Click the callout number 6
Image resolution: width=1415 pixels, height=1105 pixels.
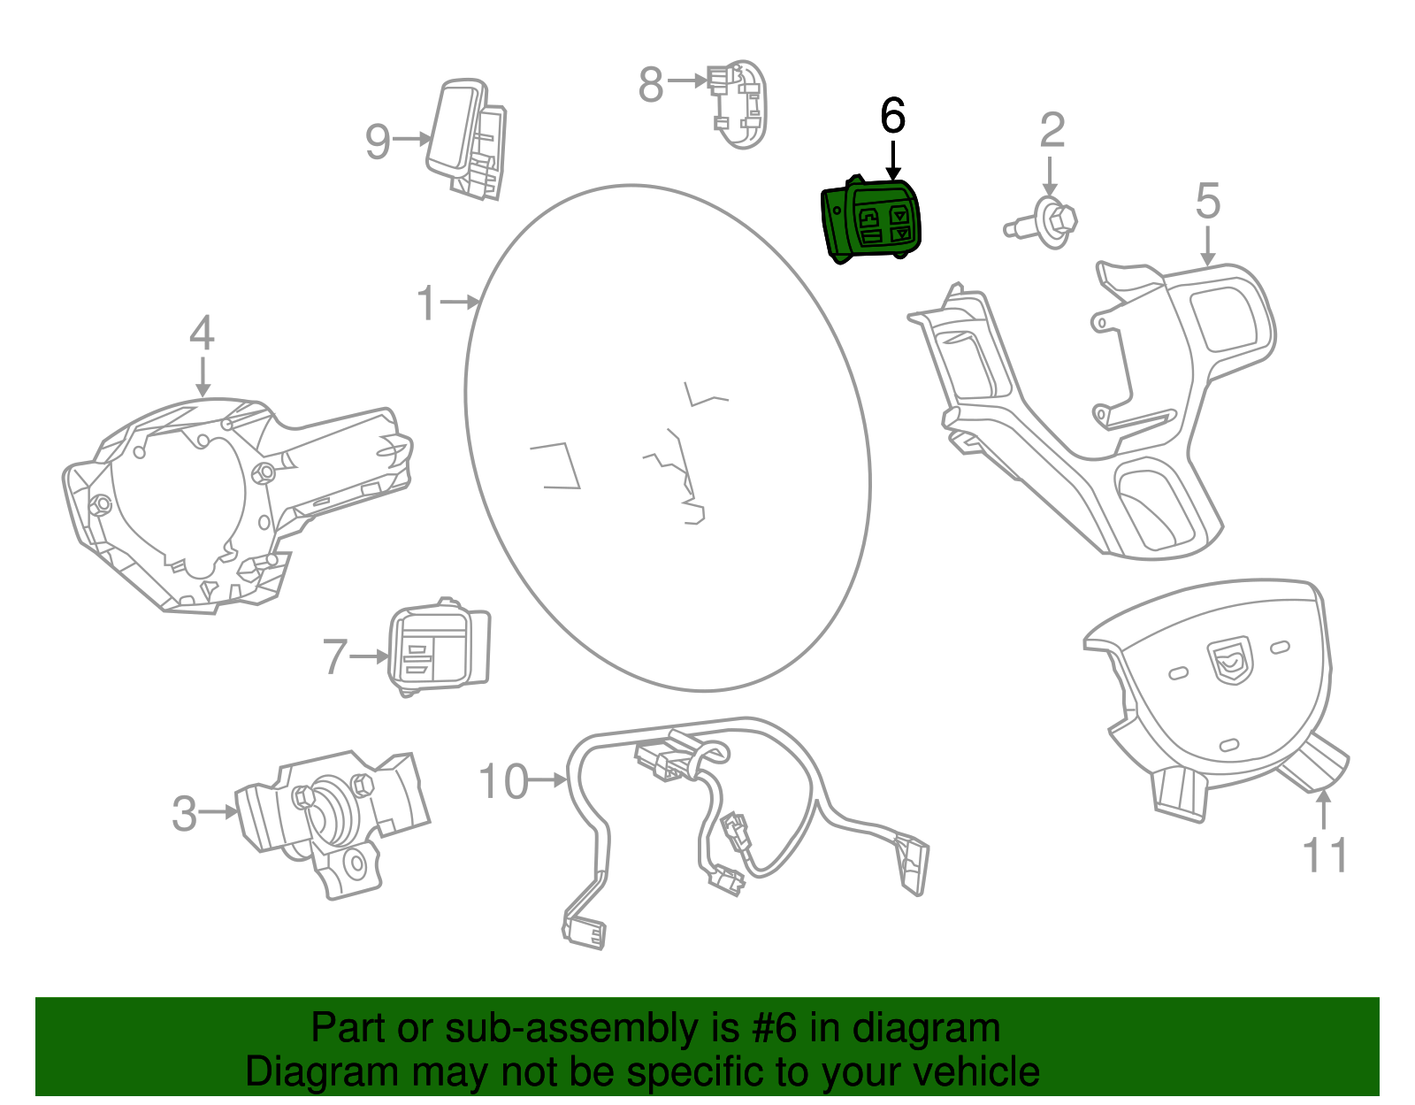pos(893,117)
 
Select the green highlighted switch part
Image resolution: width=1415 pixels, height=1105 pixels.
pos(872,220)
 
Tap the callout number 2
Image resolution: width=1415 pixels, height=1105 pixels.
pos(1052,131)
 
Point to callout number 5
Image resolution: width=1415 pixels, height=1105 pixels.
pos(1207,201)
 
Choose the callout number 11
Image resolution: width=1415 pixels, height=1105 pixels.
pos(1324,856)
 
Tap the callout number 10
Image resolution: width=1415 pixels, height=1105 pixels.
pos(503,782)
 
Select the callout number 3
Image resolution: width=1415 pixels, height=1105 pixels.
pos(184,814)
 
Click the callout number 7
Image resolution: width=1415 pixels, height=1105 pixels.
pos(334,657)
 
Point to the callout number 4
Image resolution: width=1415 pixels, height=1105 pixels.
pos(202,334)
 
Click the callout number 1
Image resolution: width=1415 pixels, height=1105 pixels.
pos(427,303)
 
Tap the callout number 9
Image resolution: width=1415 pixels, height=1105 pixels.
pos(378,142)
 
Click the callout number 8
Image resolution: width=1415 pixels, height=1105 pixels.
pos(650,85)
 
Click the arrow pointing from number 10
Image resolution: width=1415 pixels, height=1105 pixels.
pos(549,780)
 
